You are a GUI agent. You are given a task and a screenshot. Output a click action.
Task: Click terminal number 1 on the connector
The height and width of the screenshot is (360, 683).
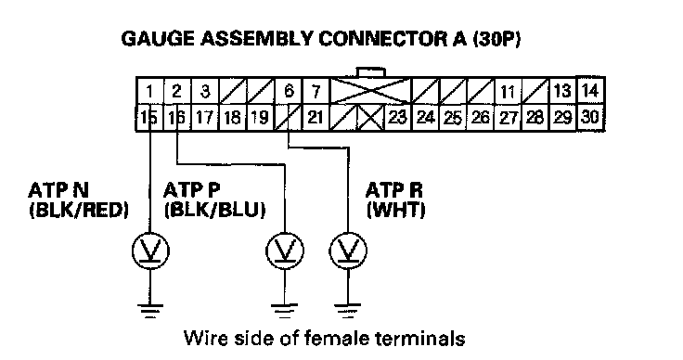click(149, 91)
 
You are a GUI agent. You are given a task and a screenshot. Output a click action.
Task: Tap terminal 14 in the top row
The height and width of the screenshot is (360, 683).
click(590, 90)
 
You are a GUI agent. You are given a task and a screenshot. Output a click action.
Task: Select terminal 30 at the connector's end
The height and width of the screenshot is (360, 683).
click(590, 117)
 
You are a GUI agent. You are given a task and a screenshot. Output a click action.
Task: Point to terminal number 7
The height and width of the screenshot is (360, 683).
click(316, 91)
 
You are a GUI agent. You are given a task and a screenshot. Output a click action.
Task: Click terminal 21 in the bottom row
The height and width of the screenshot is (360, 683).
click(316, 117)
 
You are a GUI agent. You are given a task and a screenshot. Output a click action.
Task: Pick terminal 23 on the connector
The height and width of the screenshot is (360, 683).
click(397, 117)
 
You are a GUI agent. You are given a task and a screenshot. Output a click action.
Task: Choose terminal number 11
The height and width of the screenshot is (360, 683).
click(508, 92)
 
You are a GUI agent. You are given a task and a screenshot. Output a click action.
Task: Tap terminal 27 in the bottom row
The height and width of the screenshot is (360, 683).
click(508, 118)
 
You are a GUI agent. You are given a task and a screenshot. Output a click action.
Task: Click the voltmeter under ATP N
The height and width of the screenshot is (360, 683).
click(150, 251)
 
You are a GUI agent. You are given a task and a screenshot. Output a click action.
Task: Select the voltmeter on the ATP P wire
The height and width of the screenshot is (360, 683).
click(285, 251)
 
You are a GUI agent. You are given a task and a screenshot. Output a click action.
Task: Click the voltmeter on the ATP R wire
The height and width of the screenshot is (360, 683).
click(348, 251)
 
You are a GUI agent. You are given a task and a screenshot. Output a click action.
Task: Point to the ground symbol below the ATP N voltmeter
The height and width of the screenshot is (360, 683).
click(150, 311)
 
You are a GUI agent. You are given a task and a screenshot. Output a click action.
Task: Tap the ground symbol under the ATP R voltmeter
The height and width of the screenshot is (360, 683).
click(348, 311)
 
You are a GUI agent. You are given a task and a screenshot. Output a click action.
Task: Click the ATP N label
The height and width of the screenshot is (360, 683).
click(58, 190)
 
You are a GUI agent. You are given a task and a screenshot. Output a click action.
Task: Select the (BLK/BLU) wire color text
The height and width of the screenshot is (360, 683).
click(214, 211)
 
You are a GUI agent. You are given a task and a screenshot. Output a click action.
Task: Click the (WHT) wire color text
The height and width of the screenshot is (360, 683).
click(395, 211)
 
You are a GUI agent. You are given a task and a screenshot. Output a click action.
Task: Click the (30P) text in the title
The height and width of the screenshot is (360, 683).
click(496, 39)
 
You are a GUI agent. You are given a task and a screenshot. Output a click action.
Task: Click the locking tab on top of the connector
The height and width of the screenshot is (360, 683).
click(370, 73)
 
